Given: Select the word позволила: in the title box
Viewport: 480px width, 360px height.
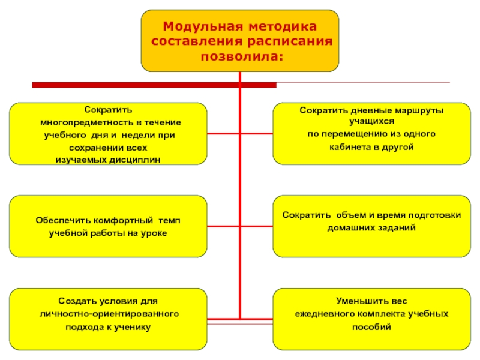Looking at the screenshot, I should tap(240, 56).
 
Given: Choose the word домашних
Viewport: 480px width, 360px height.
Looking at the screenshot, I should tap(350, 228).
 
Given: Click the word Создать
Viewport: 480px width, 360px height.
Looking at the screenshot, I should tap(75, 301).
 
